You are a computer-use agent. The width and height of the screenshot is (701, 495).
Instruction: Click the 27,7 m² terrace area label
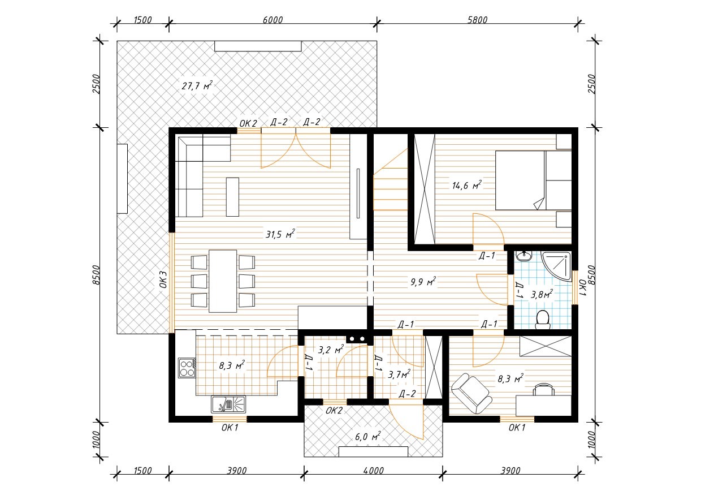(x=197, y=85)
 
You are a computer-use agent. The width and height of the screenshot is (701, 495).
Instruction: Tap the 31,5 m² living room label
(x=280, y=234)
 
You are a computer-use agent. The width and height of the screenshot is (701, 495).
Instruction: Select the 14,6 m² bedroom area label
(x=466, y=186)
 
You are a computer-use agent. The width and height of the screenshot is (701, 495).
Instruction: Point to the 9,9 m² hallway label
(x=423, y=282)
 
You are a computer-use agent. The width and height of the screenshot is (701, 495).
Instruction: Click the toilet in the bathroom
(x=543, y=320)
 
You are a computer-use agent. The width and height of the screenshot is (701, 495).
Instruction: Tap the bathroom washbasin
(x=523, y=256)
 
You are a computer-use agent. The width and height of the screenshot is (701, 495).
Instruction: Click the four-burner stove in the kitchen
(x=187, y=368)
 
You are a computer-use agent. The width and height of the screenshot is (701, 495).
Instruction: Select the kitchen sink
(x=228, y=404)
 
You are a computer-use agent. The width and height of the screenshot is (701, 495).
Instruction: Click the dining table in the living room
(x=223, y=281)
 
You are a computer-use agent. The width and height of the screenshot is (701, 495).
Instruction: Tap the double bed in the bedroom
(x=533, y=180)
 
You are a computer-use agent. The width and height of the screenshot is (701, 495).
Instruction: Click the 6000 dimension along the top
(x=272, y=20)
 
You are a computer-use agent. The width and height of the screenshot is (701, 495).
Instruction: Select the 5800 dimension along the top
(x=477, y=20)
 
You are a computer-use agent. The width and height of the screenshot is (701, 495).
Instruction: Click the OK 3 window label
(x=163, y=279)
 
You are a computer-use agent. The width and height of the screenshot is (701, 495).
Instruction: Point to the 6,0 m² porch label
(x=368, y=437)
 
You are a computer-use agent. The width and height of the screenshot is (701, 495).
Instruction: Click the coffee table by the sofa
(x=232, y=197)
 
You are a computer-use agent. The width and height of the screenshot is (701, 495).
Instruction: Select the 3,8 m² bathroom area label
(x=542, y=294)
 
